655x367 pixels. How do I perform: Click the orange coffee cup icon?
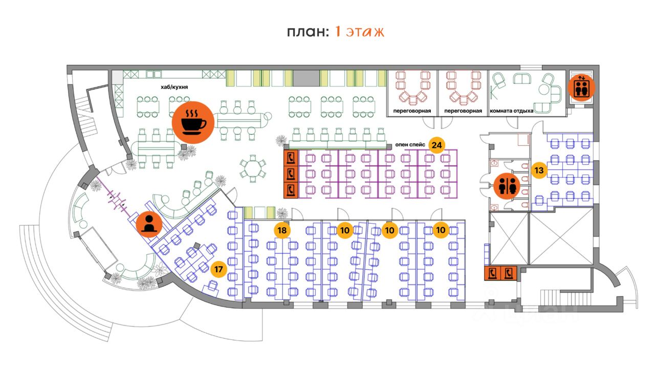193,121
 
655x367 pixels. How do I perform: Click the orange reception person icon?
149,224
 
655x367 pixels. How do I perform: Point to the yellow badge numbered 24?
436,145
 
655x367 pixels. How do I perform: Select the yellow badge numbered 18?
281,230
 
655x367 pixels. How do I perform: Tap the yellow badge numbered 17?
219,269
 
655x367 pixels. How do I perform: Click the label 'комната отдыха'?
512,111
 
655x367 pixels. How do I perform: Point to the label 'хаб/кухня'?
173,88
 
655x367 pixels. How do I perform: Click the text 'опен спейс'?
410,145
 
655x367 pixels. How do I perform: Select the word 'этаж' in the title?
365,32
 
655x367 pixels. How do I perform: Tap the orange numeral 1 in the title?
338,32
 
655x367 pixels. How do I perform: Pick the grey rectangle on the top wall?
306,78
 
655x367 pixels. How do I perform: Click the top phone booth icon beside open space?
291,157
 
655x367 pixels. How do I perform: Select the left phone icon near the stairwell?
493,273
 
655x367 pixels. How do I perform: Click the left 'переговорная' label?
412,111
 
